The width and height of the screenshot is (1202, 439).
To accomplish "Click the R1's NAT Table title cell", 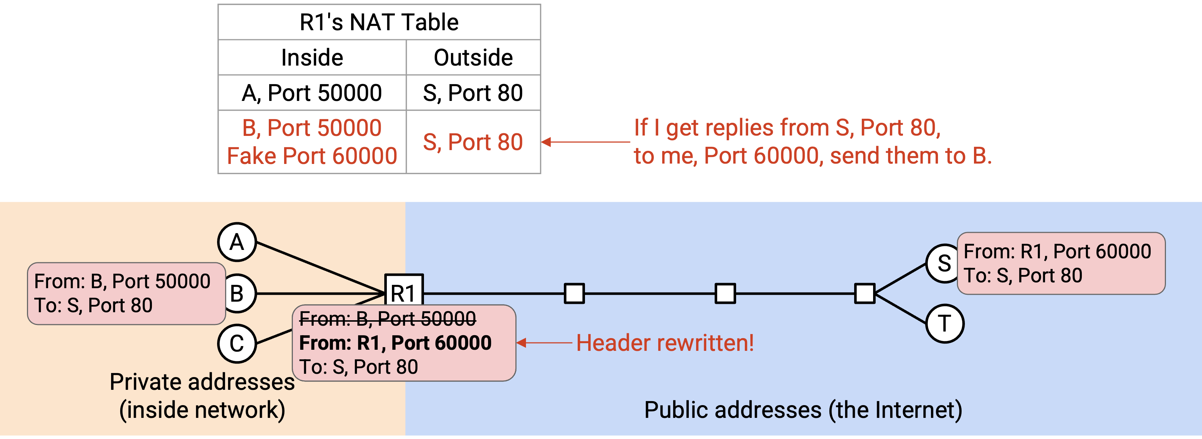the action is [x=379, y=22].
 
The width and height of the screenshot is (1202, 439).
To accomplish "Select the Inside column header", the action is [x=312, y=58].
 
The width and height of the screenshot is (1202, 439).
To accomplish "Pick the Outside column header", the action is [x=473, y=58].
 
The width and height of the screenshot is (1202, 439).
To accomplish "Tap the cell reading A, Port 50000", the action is [x=312, y=93].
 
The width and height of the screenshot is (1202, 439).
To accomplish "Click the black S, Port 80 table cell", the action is [x=473, y=93].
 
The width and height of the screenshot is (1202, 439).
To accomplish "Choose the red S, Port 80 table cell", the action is [x=473, y=142].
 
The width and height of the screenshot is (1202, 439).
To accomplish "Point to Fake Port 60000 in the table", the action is [x=312, y=156].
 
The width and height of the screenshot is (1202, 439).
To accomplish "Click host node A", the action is [x=237, y=242].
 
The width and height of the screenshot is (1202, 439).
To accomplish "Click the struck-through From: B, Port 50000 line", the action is [x=387, y=319].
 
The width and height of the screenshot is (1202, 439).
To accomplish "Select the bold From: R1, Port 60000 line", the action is [x=395, y=343].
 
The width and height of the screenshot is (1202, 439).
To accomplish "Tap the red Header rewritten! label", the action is [x=665, y=343].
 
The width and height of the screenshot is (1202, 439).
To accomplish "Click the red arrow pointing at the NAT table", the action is [x=586, y=142].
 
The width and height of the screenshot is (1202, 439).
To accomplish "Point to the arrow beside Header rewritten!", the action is [x=545, y=343].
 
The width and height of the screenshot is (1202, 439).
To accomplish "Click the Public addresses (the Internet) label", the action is [x=803, y=410].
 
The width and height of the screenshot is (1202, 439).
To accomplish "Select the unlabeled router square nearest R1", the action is [x=574, y=293].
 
